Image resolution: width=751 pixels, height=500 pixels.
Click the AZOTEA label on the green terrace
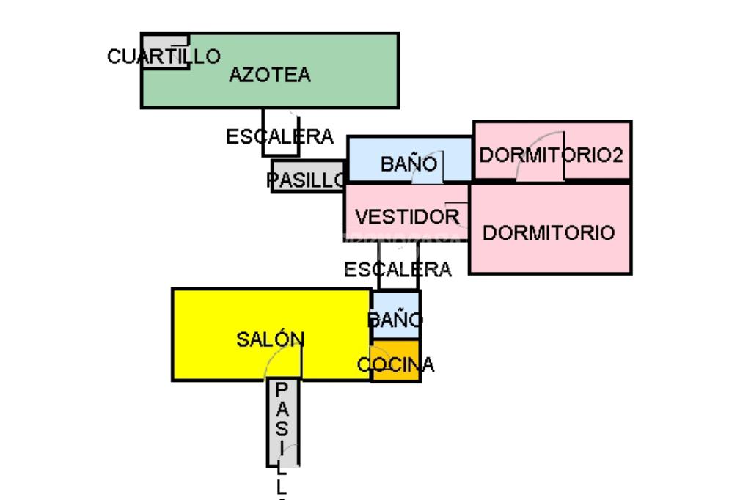(x=269, y=75)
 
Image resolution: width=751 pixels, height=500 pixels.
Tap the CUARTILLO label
(x=164, y=56)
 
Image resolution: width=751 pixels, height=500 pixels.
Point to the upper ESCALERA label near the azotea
(x=279, y=136)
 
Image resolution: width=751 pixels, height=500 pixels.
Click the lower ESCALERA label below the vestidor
(x=398, y=270)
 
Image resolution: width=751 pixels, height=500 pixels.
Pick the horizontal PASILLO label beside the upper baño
(x=306, y=180)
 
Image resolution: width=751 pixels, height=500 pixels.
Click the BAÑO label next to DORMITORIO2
(x=409, y=164)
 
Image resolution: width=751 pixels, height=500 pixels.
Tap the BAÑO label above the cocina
(x=395, y=320)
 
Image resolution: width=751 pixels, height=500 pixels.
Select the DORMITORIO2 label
(x=551, y=155)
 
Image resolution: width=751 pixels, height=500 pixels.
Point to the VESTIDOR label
(x=407, y=217)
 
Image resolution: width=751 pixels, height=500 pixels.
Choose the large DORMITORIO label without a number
(x=549, y=233)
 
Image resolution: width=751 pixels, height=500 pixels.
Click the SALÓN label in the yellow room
(x=270, y=339)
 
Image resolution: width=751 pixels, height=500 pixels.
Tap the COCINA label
(x=395, y=364)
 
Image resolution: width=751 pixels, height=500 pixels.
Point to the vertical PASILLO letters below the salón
(x=282, y=433)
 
